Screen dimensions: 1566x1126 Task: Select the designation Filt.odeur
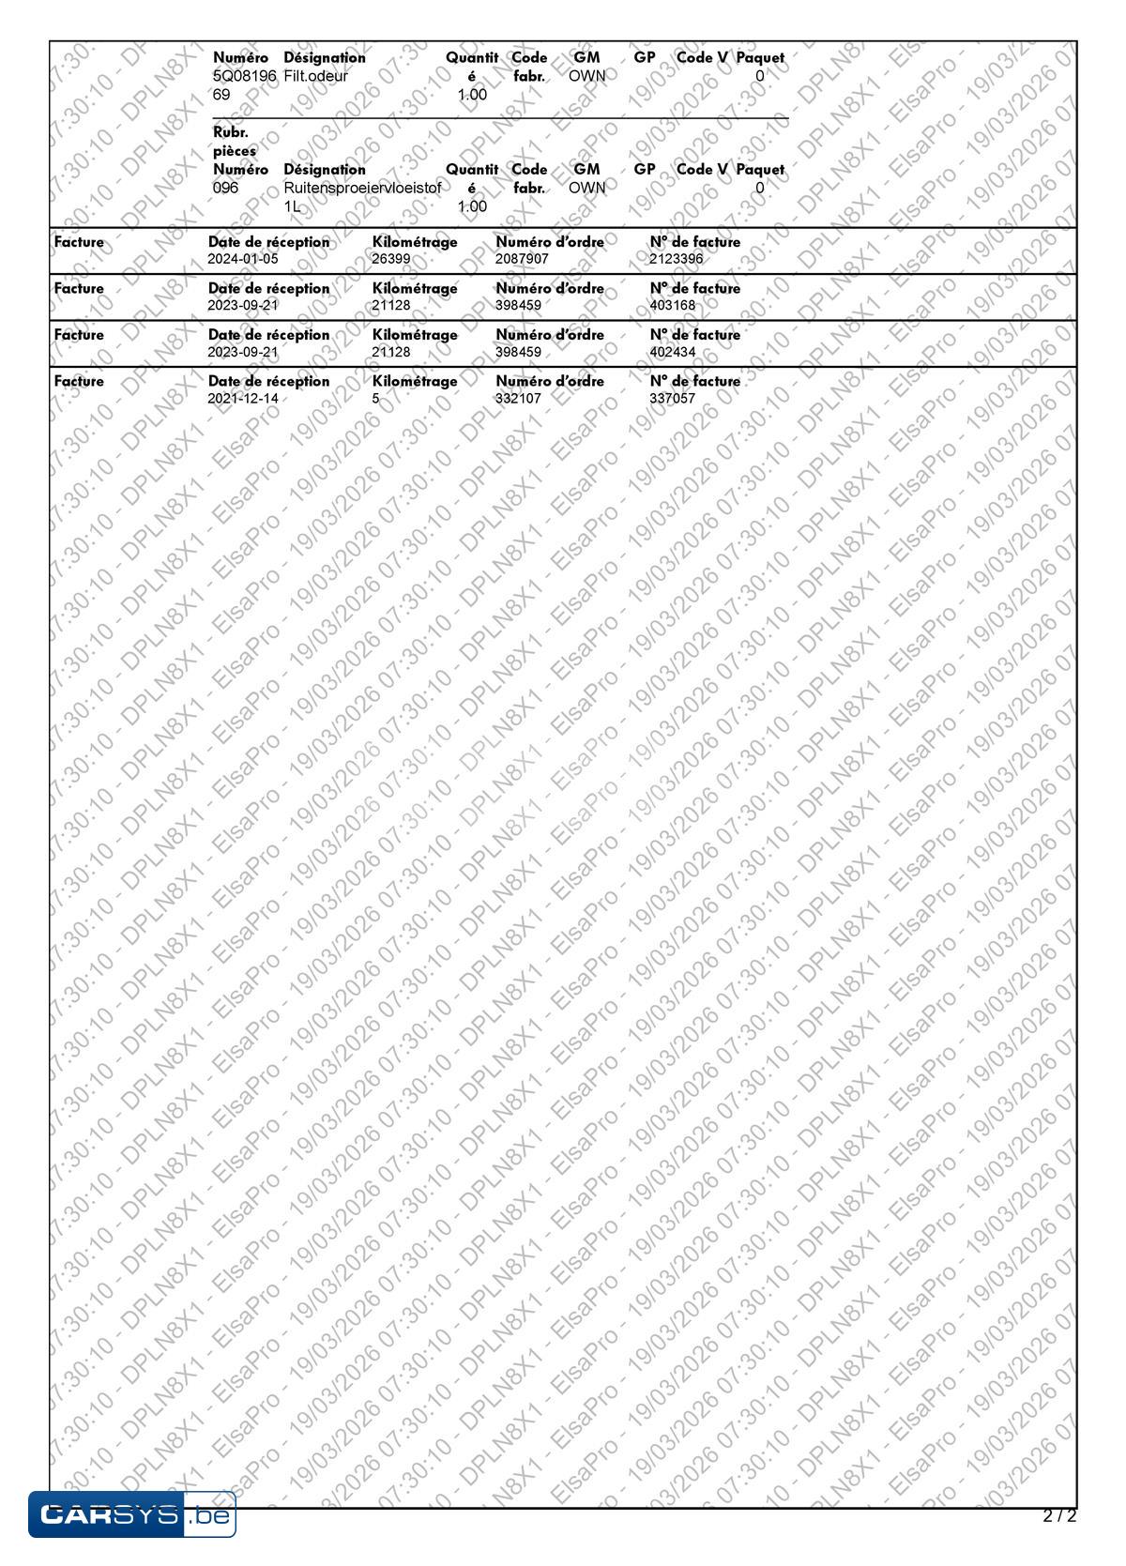tap(315, 76)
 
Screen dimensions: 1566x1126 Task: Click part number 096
tap(226, 188)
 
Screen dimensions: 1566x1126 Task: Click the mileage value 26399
tap(391, 259)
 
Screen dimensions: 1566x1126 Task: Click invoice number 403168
tap(673, 305)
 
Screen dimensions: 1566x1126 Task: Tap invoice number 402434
tap(673, 352)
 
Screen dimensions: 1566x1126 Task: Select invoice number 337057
tap(673, 399)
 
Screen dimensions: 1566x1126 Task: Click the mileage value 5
tap(375, 399)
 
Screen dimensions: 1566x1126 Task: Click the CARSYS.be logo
tap(131, 1514)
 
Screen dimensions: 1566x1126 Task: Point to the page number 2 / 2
tap(1059, 1515)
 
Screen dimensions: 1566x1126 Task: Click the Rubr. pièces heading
tap(235, 142)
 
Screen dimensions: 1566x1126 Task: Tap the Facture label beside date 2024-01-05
tap(79, 242)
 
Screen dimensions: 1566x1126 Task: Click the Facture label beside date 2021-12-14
tap(79, 382)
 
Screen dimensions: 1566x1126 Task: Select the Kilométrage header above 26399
tap(415, 242)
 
